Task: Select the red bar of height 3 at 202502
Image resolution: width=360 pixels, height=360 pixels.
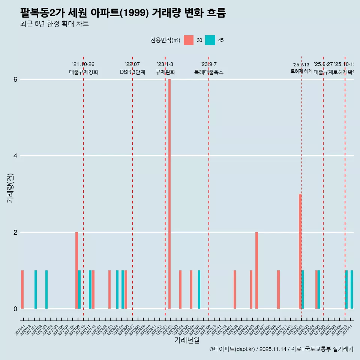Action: (x=300, y=251)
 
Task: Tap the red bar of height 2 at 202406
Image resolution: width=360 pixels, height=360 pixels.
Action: (x=256, y=270)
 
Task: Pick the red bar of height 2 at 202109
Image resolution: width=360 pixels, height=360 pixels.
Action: (x=76, y=270)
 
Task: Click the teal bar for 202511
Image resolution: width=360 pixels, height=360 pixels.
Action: (x=352, y=289)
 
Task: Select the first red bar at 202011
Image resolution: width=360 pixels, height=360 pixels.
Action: (x=22, y=289)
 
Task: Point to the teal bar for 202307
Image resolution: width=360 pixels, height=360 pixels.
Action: (x=199, y=289)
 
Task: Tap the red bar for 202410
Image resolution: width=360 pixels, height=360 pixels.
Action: (x=278, y=289)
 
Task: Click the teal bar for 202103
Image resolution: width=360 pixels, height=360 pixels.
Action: (x=46, y=289)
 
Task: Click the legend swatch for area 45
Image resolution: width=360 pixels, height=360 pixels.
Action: (x=210, y=40)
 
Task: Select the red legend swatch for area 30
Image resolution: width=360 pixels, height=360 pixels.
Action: (x=189, y=40)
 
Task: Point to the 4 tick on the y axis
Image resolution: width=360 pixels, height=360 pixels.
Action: (x=15, y=156)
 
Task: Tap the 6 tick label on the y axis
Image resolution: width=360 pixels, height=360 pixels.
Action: (x=15, y=79)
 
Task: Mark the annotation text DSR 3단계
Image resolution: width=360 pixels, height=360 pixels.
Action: (x=132, y=72)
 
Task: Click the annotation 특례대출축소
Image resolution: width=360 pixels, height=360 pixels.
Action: (x=208, y=72)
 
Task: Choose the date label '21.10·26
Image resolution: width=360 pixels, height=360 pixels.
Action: (x=83, y=64)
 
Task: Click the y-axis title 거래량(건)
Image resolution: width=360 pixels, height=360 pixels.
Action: (x=10, y=187)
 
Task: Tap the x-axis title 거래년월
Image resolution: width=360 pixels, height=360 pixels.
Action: (x=187, y=340)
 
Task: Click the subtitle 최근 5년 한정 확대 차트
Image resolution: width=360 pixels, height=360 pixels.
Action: (x=54, y=24)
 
